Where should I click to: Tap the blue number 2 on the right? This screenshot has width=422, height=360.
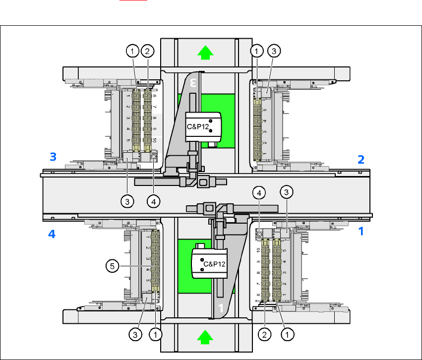[x=361, y=159]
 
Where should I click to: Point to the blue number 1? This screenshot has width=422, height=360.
[x=361, y=231]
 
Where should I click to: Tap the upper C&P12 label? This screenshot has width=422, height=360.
[x=198, y=126]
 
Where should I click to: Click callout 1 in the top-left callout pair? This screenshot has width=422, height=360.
[x=132, y=50]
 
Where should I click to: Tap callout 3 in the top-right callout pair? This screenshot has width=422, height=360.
[x=274, y=50]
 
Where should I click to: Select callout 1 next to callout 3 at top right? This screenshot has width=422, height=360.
[x=257, y=50]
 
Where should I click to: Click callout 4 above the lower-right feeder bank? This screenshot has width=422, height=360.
[x=258, y=192]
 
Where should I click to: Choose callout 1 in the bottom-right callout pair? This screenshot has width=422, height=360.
[x=286, y=335]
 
